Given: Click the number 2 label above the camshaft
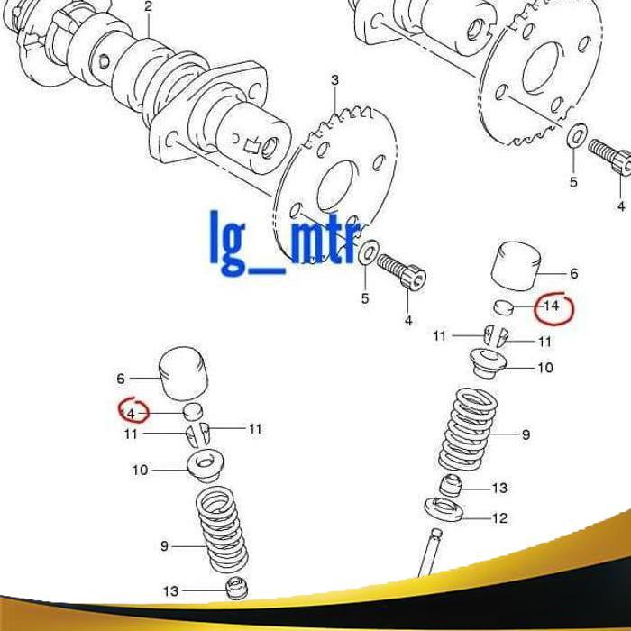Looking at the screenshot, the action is pos(149,6).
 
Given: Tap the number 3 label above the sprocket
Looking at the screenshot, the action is pos(335,81).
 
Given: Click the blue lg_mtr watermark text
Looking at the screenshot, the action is pos(286,241).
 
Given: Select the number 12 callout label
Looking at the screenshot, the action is pos(499,518).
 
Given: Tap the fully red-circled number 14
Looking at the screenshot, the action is pos(551,306).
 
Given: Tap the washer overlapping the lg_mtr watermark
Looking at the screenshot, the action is pos(369,255).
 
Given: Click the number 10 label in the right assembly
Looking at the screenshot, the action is pos(545,368).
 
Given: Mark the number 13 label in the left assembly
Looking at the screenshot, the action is pos(170,592).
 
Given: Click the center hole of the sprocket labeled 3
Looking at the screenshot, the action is pos(334,187).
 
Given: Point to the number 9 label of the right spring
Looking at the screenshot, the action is pos(526,435).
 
